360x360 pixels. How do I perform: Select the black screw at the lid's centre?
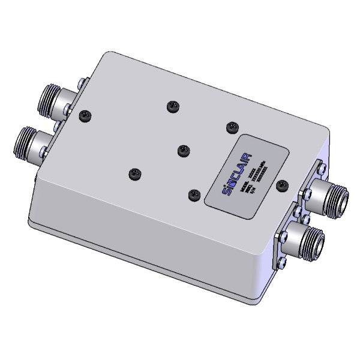point(181,149)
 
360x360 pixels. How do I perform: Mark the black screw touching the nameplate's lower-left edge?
point(193,194)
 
